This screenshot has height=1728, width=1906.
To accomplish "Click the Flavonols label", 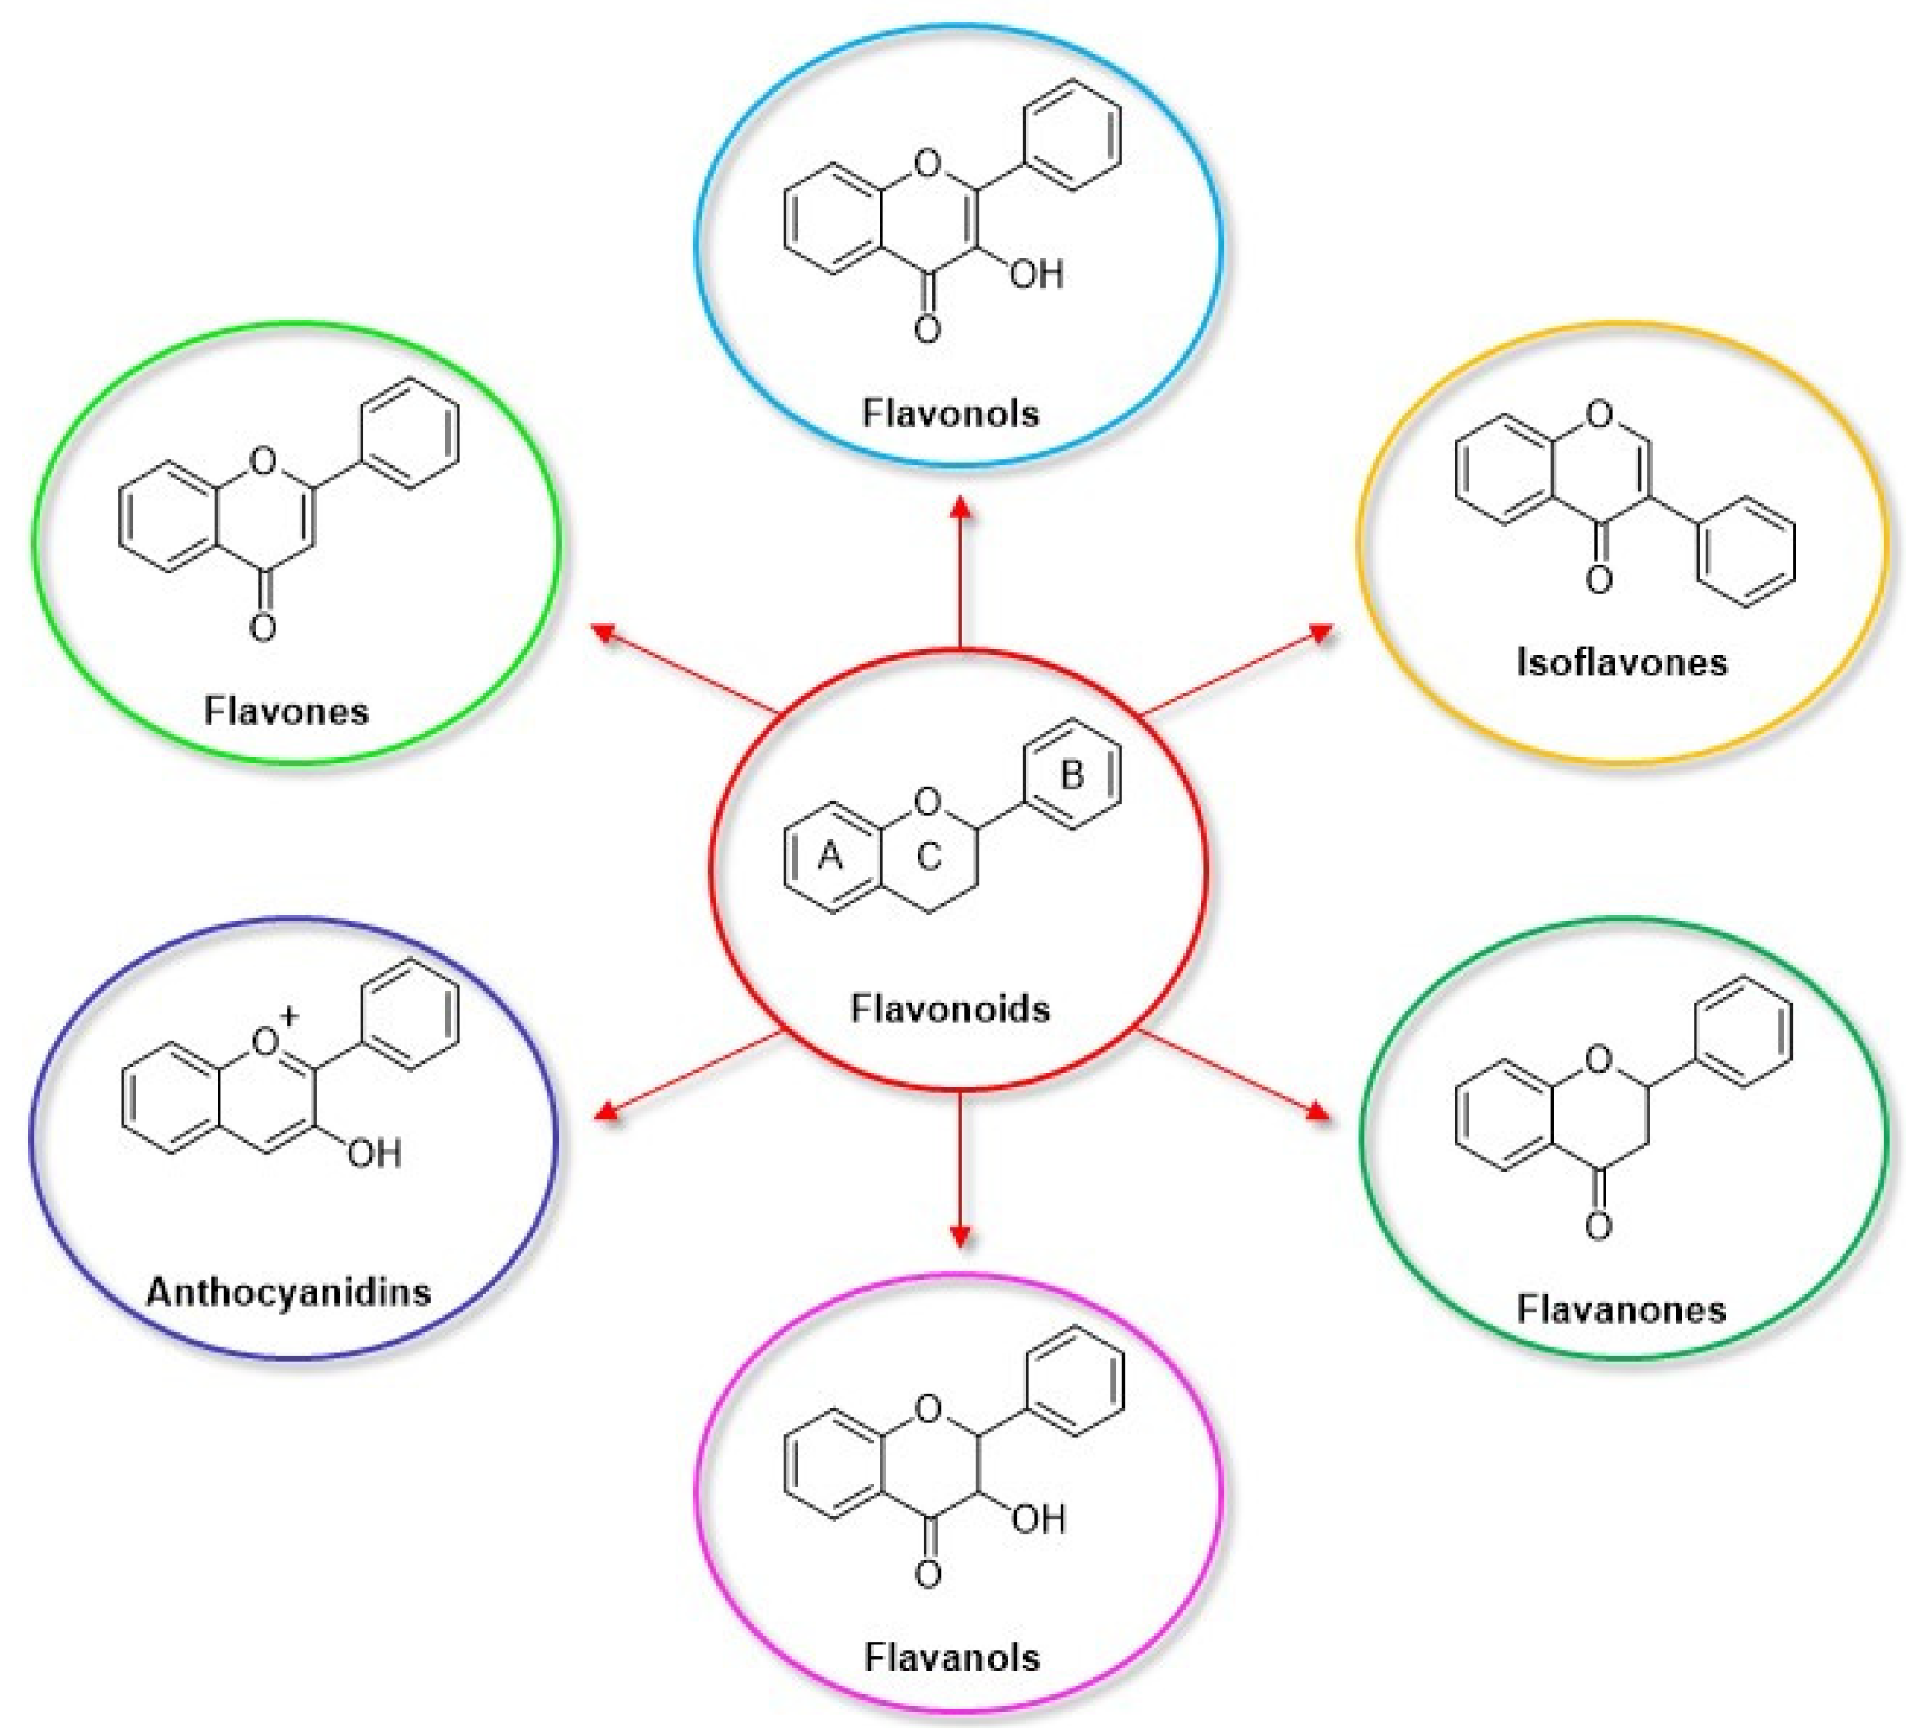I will (x=950, y=414).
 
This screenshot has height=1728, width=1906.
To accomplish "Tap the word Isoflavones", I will (x=1621, y=662).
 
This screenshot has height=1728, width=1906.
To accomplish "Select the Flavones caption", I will (x=287, y=711).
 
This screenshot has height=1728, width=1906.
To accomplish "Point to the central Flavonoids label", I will (x=950, y=1009).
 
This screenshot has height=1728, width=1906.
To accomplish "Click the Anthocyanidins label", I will (x=288, y=1291).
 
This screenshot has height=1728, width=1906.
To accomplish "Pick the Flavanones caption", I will (x=1621, y=1309).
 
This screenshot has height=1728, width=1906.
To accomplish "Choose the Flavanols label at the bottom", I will (x=952, y=1657).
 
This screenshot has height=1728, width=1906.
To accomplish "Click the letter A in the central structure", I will (x=830, y=856).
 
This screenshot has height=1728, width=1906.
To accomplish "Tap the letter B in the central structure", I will (x=1071, y=775).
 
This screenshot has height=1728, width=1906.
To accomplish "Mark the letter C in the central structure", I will (x=929, y=857).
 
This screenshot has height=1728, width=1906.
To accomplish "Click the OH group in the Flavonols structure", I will (x=1036, y=275).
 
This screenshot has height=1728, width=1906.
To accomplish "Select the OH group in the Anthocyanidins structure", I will (x=375, y=1154).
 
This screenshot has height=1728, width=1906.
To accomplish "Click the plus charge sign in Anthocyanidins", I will (x=289, y=1016).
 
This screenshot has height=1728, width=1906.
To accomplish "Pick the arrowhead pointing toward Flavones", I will (x=603, y=631).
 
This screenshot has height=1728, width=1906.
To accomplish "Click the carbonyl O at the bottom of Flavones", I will (x=262, y=627).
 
